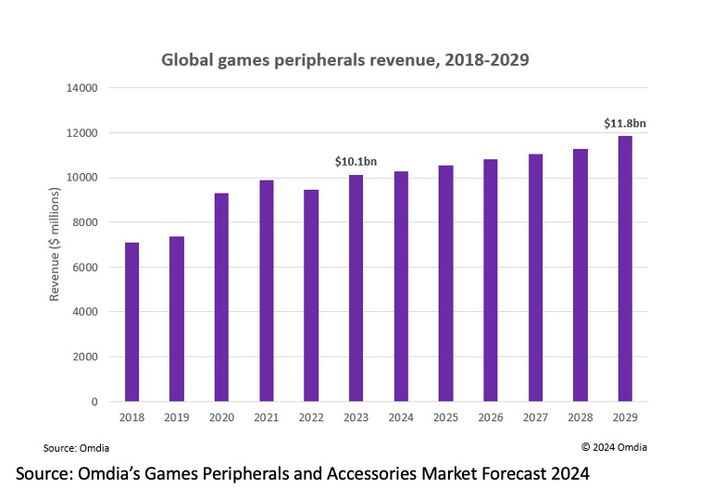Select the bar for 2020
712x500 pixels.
click(x=222, y=297)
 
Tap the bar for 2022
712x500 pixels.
click(x=312, y=295)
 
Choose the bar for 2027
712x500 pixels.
click(x=536, y=278)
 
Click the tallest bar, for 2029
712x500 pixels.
click(x=626, y=269)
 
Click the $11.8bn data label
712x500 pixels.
click(x=625, y=123)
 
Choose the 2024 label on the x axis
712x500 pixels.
click(x=402, y=418)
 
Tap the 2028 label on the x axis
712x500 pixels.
click(x=581, y=418)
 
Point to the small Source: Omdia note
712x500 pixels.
click(x=74, y=447)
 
